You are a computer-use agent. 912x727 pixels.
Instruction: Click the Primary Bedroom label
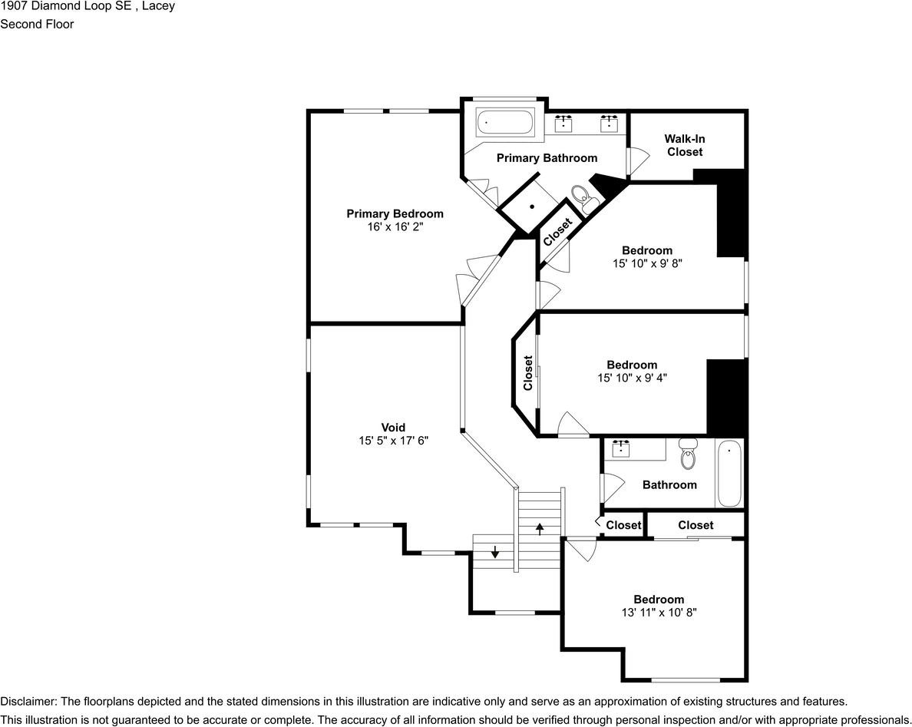click(x=395, y=213)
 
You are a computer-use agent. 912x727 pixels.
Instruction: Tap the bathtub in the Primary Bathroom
click(x=505, y=123)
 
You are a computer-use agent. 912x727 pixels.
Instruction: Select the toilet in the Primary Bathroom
click(x=583, y=198)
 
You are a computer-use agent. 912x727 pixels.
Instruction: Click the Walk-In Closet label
click(x=685, y=145)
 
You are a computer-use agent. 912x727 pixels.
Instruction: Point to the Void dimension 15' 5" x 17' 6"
click(x=393, y=441)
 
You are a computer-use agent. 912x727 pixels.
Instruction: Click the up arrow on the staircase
click(x=540, y=529)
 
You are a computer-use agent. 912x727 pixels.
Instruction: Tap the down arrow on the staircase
click(x=494, y=551)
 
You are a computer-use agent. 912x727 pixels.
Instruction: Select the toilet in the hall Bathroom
click(x=688, y=454)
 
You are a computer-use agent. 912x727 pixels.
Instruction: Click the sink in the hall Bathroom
click(x=621, y=448)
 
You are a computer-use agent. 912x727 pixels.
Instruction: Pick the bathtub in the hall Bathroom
click(x=729, y=474)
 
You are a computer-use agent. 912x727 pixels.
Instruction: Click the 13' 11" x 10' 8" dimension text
click(x=659, y=612)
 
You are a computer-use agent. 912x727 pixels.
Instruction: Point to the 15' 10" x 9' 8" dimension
click(x=647, y=263)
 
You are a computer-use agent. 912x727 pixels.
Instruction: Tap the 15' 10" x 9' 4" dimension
click(x=633, y=378)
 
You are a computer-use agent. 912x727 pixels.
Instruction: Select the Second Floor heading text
click(x=37, y=24)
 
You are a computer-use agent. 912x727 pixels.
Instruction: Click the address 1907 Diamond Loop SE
click(x=68, y=6)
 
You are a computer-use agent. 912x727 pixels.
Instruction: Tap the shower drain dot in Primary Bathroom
click(x=532, y=207)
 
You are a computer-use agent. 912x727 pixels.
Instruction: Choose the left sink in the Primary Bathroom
click(x=563, y=124)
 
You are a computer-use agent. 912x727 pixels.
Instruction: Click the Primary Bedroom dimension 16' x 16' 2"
click(x=395, y=226)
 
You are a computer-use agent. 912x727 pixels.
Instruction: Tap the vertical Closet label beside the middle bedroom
click(x=527, y=373)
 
